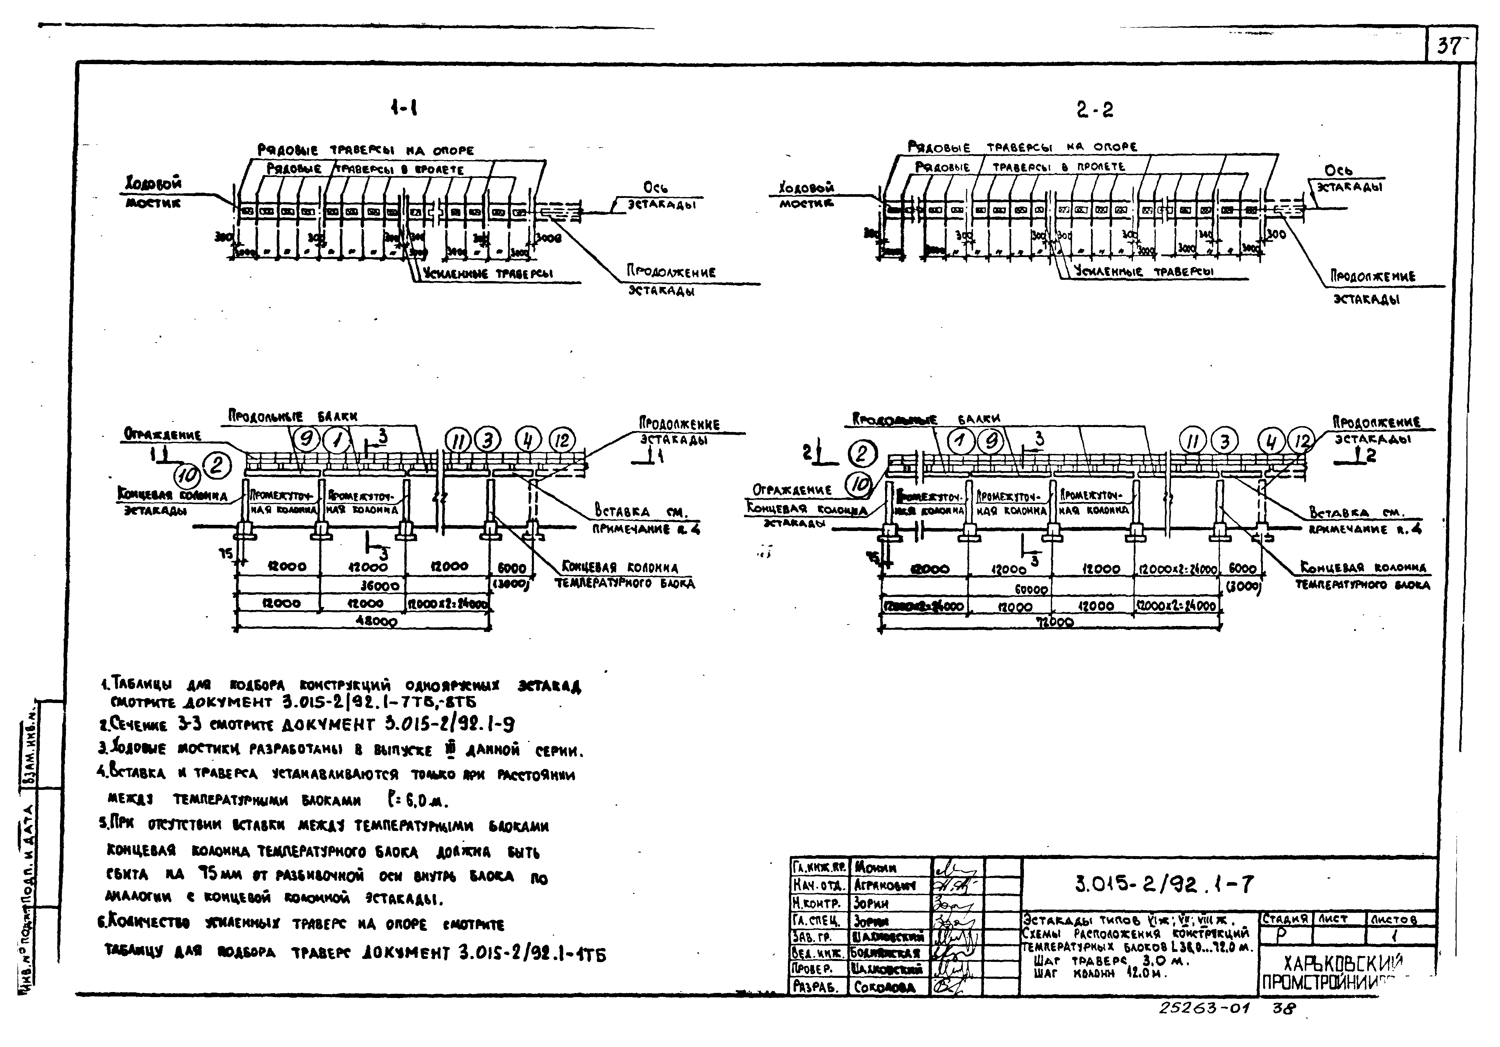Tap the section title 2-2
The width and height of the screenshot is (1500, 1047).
click(x=1094, y=109)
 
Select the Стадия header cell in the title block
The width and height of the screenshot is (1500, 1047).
click(x=1285, y=918)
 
